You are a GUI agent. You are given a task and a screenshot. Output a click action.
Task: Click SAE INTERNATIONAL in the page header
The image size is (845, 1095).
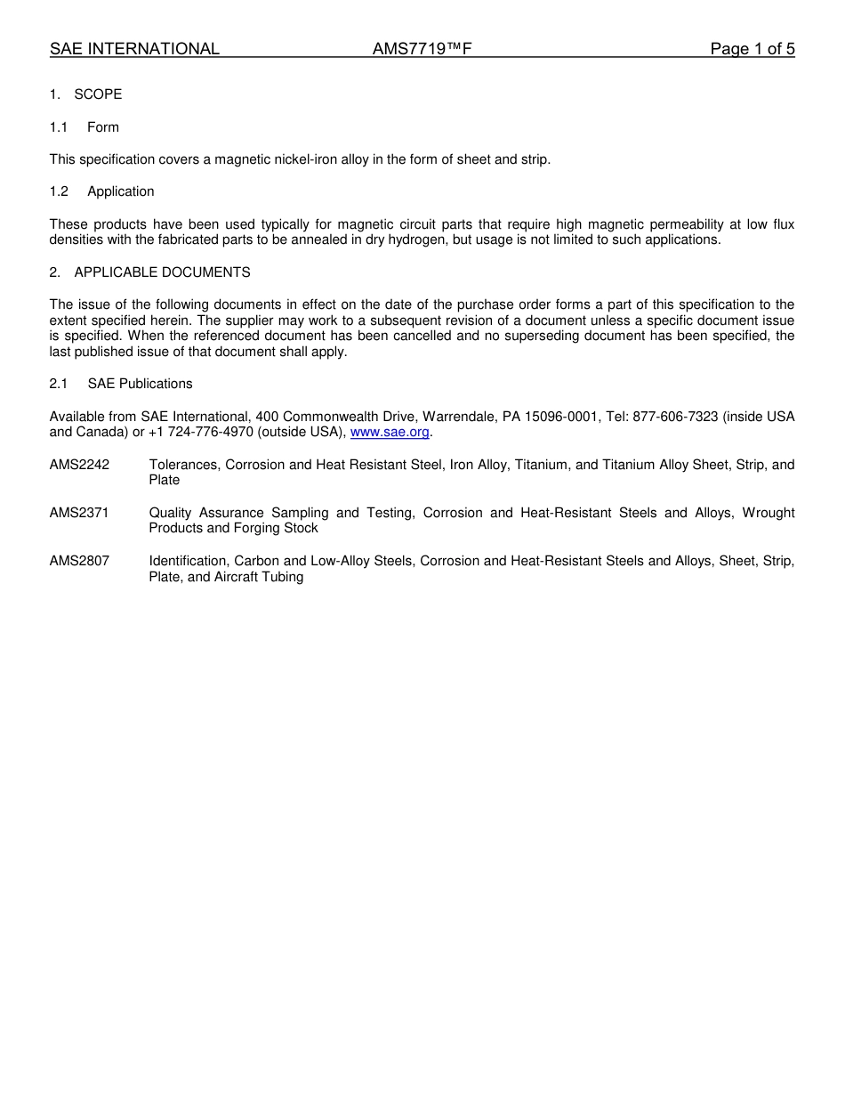tap(134, 49)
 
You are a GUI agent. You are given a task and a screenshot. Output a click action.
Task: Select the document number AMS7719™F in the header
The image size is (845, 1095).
tap(422, 49)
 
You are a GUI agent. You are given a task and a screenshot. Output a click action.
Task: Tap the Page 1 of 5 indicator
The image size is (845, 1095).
tap(752, 49)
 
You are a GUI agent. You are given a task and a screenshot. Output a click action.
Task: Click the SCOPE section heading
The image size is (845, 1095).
tap(98, 94)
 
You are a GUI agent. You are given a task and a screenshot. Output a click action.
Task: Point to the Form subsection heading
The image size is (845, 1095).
tap(103, 127)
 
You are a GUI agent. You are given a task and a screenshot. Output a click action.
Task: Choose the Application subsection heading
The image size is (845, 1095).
tap(120, 191)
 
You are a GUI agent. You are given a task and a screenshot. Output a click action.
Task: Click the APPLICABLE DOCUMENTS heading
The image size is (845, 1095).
tap(162, 272)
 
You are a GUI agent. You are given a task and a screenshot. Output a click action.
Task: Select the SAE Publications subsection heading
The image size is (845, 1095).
tap(140, 384)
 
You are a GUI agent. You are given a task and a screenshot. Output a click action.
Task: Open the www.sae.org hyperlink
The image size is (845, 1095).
tap(390, 433)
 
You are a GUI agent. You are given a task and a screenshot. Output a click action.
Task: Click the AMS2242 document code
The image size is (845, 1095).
tap(79, 465)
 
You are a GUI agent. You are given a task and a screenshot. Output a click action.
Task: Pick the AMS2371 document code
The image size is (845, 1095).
tap(79, 513)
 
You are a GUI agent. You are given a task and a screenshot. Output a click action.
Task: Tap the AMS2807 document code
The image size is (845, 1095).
tap(79, 561)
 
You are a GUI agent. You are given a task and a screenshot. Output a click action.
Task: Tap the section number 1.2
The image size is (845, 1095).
tap(59, 191)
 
